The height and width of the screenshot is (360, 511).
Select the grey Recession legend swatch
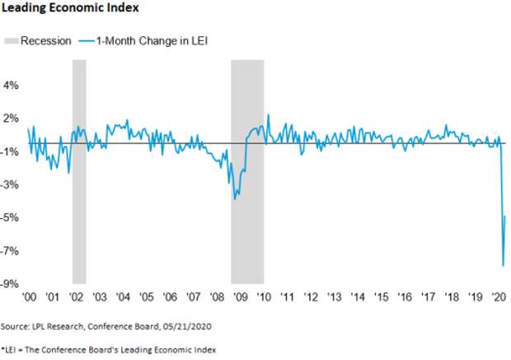coord(12,40)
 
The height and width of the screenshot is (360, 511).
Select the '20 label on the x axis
coord(499,297)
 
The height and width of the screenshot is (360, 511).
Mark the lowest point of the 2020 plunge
coord(503,265)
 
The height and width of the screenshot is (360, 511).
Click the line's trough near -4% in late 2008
coord(235,199)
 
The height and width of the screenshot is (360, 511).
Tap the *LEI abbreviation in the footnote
coord(11,348)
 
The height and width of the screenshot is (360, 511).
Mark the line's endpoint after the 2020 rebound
coord(505,216)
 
